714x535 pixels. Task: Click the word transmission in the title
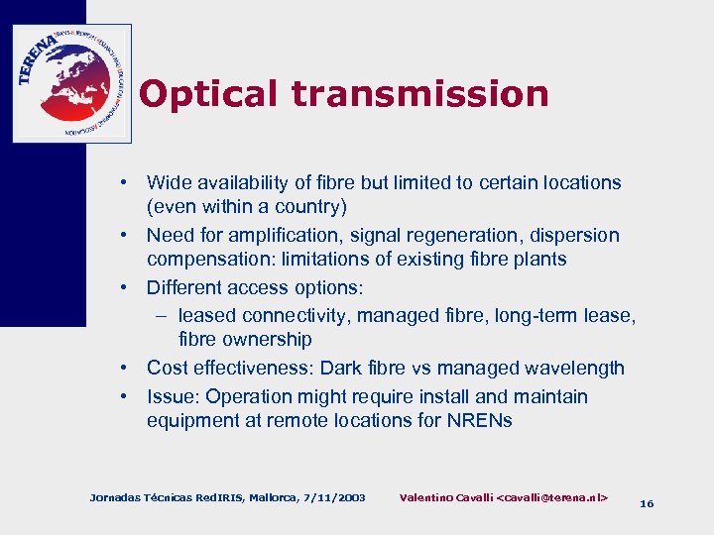(x=420, y=94)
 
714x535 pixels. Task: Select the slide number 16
(x=647, y=503)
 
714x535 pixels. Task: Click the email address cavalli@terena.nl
(x=552, y=495)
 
